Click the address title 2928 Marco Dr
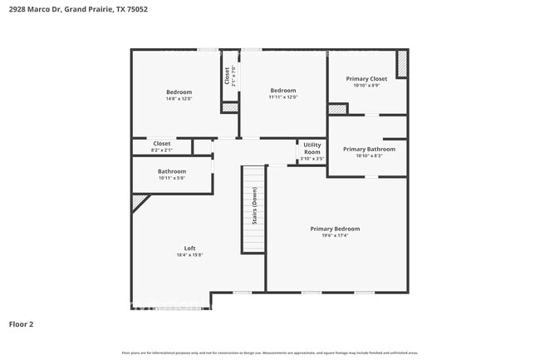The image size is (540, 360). click(x=66, y=9)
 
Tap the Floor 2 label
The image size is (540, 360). click(x=22, y=323)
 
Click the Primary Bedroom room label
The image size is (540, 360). click(x=335, y=229)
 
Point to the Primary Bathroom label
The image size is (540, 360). click(x=369, y=149)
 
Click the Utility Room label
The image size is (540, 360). click(x=312, y=149)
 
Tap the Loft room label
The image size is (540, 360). click(x=189, y=249)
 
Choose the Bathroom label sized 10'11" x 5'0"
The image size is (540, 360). click(x=172, y=171)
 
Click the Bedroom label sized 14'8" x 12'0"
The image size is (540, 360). click(x=179, y=91)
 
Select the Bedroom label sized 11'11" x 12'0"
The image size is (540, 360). click(x=282, y=90)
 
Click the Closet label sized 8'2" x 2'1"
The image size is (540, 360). click(x=161, y=143)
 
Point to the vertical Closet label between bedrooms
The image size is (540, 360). click(x=227, y=76)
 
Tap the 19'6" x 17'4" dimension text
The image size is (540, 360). click(x=335, y=235)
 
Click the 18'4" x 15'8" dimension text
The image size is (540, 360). click(x=189, y=255)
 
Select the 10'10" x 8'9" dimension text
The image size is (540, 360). click(x=366, y=85)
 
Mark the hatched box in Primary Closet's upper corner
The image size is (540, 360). click(x=402, y=64)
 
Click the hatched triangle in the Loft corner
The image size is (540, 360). click(x=139, y=202)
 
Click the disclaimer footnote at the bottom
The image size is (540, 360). click(x=270, y=353)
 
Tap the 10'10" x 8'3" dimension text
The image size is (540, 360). click(x=369, y=155)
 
